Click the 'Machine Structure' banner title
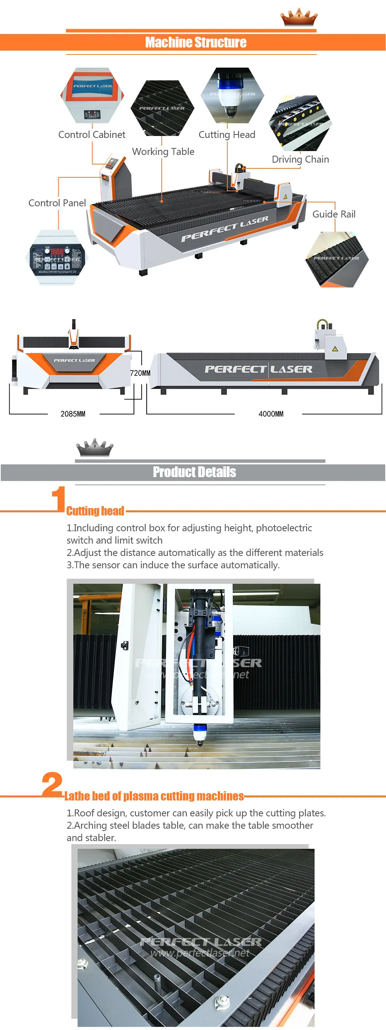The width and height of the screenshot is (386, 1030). [x=195, y=42]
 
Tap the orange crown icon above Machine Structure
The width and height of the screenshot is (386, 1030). [x=298, y=17]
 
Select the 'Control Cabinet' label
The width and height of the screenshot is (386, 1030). [x=92, y=135]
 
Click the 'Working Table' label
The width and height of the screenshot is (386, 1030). [x=163, y=151]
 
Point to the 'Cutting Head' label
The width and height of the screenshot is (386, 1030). [x=227, y=135]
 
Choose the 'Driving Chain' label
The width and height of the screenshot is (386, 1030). [x=300, y=160]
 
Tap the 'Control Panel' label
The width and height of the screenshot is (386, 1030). [x=57, y=203]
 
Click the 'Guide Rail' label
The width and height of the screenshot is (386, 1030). [x=334, y=214]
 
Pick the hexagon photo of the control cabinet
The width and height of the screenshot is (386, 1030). [x=92, y=95]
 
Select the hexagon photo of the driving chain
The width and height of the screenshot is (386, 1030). [x=300, y=123]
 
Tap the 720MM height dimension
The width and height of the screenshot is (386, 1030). [x=140, y=373]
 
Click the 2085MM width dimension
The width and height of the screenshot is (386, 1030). [x=73, y=414]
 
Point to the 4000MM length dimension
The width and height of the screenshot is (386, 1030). [x=271, y=414]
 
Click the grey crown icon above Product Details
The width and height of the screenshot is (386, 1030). [x=95, y=448]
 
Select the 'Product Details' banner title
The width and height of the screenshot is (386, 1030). [x=194, y=472]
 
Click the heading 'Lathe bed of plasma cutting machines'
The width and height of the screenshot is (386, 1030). [x=154, y=796]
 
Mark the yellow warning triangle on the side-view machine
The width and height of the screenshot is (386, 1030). [x=335, y=348]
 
